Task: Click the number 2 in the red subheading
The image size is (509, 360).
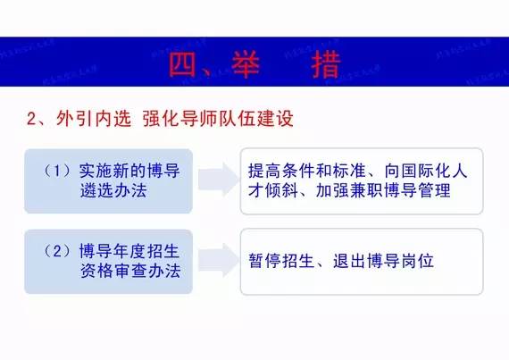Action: [x=34, y=118]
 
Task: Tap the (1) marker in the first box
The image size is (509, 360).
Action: [x=59, y=170]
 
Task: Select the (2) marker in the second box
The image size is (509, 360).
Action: [x=59, y=251]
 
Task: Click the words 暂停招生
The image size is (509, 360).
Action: [x=282, y=262]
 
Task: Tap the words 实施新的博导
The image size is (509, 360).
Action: [x=129, y=170]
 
